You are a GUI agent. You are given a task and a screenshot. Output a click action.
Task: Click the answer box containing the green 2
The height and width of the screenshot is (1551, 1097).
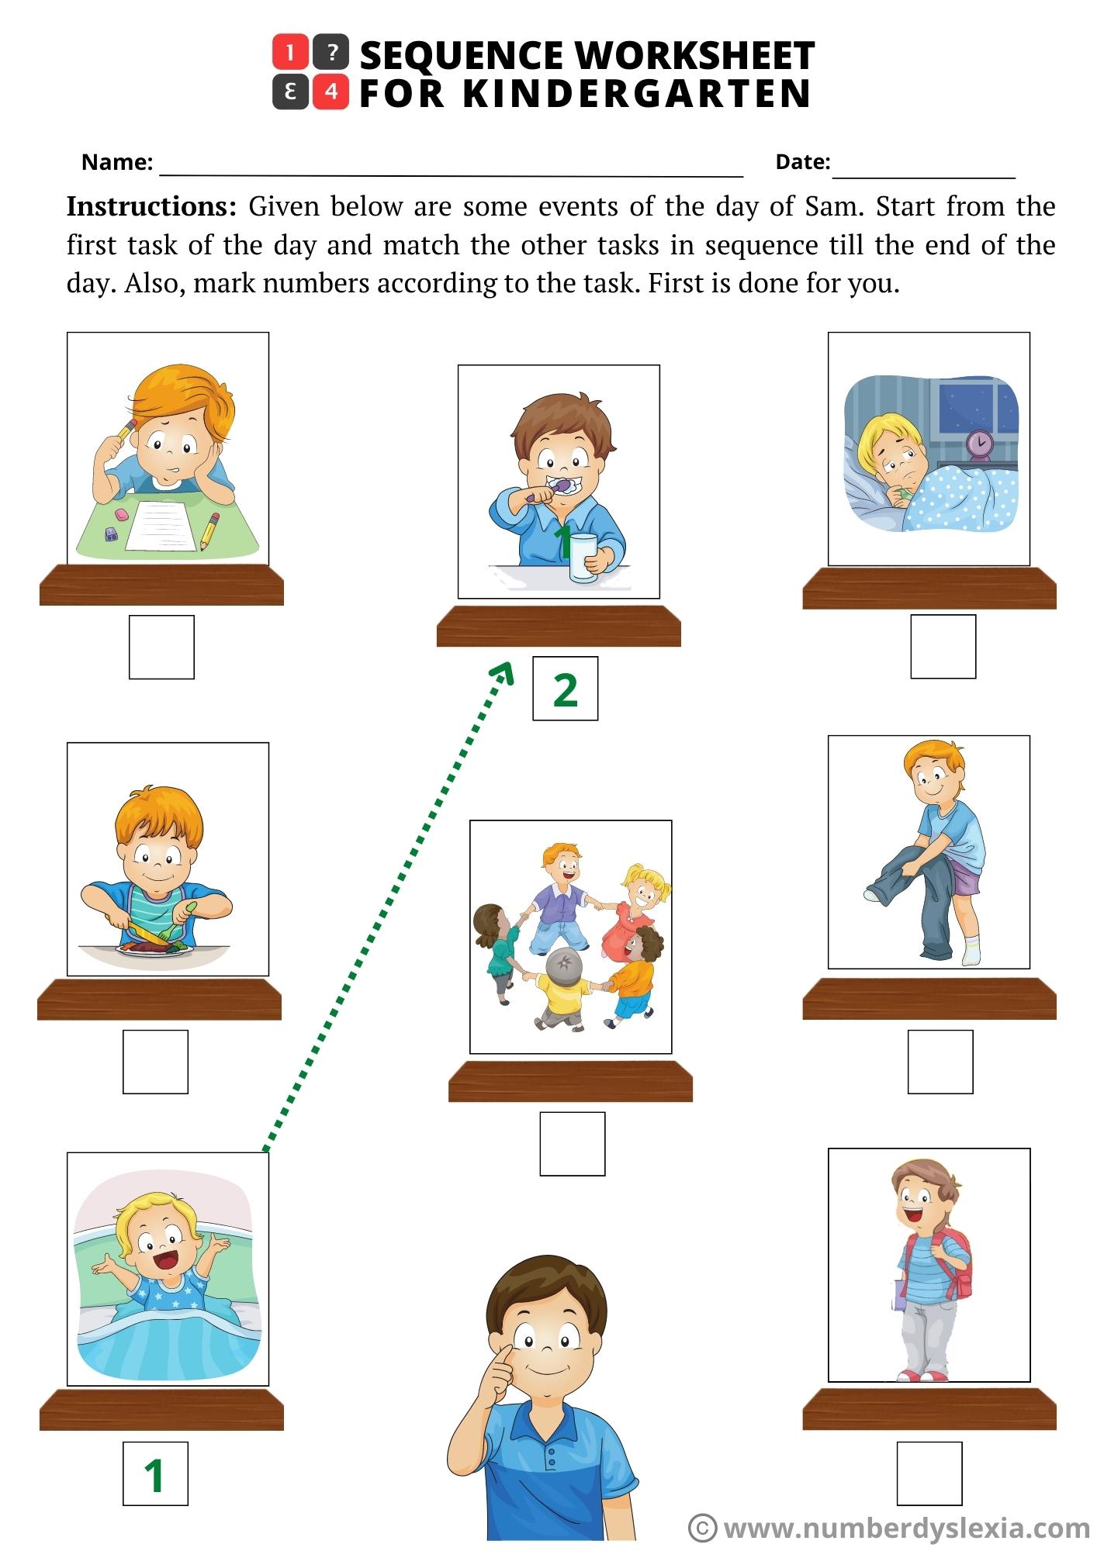[565, 689]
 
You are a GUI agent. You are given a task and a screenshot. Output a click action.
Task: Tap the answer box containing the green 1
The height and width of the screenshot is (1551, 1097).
[155, 1473]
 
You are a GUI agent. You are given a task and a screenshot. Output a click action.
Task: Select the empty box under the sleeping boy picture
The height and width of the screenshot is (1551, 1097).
[943, 647]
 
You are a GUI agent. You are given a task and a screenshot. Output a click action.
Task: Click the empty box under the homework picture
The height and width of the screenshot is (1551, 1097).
[161, 648]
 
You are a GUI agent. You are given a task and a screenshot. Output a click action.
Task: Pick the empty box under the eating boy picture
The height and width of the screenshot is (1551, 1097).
[155, 1062]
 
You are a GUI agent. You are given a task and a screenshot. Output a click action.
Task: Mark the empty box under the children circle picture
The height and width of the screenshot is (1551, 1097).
[573, 1144]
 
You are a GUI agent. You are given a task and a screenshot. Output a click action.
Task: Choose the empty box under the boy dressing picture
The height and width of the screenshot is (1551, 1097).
[940, 1062]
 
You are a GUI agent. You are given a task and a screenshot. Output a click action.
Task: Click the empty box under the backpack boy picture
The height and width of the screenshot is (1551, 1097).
[929, 1473]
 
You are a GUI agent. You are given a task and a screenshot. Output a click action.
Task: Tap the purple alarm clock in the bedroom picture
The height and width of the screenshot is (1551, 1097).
[980, 444]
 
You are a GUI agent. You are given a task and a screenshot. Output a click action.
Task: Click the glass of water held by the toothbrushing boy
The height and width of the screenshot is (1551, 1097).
[583, 557]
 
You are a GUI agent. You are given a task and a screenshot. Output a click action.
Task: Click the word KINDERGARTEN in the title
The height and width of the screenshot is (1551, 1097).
[636, 94]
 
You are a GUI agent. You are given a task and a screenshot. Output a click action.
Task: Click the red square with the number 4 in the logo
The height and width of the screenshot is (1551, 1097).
[331, 92]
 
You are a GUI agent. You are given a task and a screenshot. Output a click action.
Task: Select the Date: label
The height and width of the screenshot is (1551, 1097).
[803, 161]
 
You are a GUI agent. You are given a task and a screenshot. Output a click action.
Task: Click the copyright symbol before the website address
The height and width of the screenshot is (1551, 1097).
[703, 1528]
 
